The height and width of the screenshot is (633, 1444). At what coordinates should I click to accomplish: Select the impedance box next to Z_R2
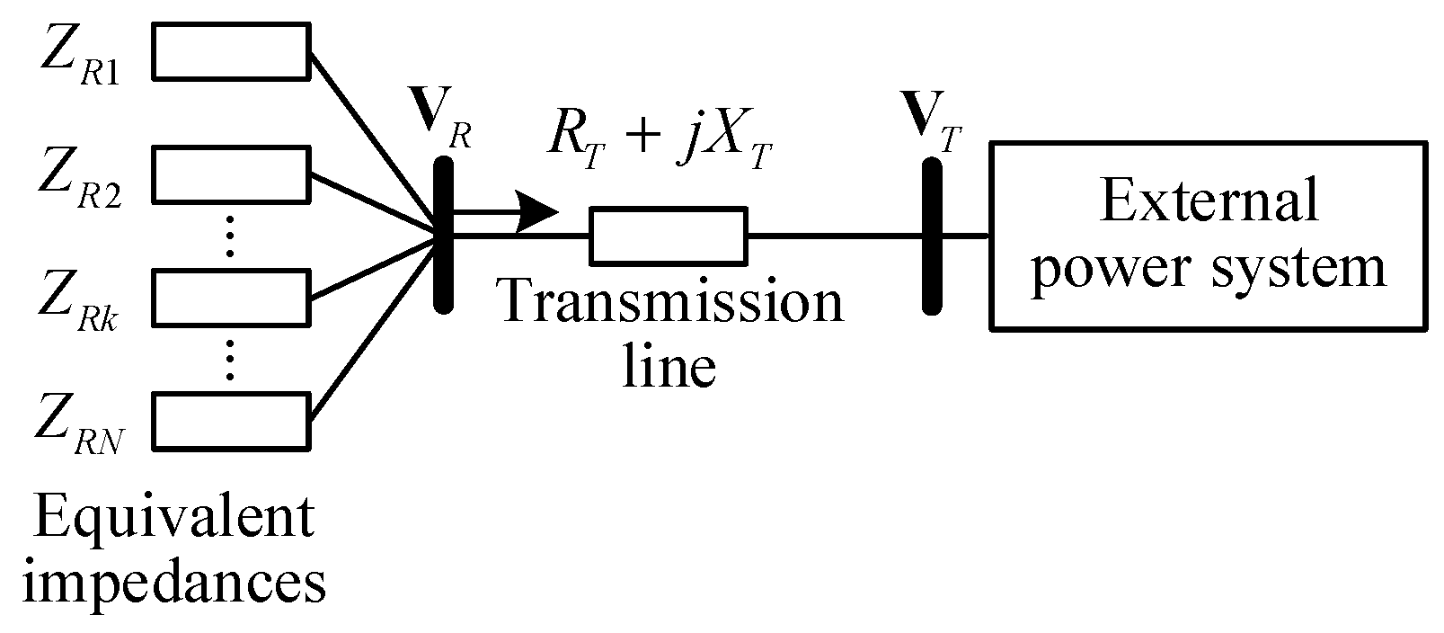click(x=231, y=174)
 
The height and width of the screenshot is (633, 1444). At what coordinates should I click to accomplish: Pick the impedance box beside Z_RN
click(x=231, y=420)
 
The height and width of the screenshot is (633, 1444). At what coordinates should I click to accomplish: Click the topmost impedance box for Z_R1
click(x=231, y=51)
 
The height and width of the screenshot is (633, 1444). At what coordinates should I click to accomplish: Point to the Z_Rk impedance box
click(x=231, y=298)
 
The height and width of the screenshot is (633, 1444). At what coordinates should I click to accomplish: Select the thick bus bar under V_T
click(x=932, y=236)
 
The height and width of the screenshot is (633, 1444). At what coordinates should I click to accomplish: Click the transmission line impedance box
click(x=668, y=236)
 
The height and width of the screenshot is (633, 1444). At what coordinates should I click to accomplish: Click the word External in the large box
click(x=1209, y=200)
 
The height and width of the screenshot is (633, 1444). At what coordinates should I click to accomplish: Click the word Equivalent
click(x=174, y=519)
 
